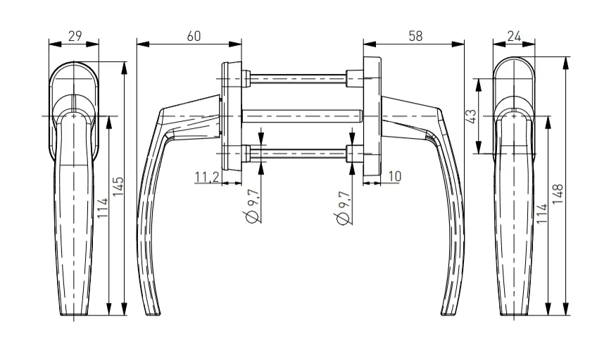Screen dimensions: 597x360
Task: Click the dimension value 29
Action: pos(75,36)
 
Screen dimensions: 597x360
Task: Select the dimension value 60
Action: pos(194,36)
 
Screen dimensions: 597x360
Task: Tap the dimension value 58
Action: pos(415,36)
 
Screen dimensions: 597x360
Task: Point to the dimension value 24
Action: pos(514,36)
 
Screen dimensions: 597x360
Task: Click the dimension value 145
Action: pos(118,187)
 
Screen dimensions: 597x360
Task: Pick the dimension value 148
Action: pos(558,194)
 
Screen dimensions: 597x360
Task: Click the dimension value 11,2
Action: pos(207,177)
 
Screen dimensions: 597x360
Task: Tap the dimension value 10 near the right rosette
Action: pos(395,176)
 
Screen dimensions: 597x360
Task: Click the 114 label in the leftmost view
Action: pos(103,209)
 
